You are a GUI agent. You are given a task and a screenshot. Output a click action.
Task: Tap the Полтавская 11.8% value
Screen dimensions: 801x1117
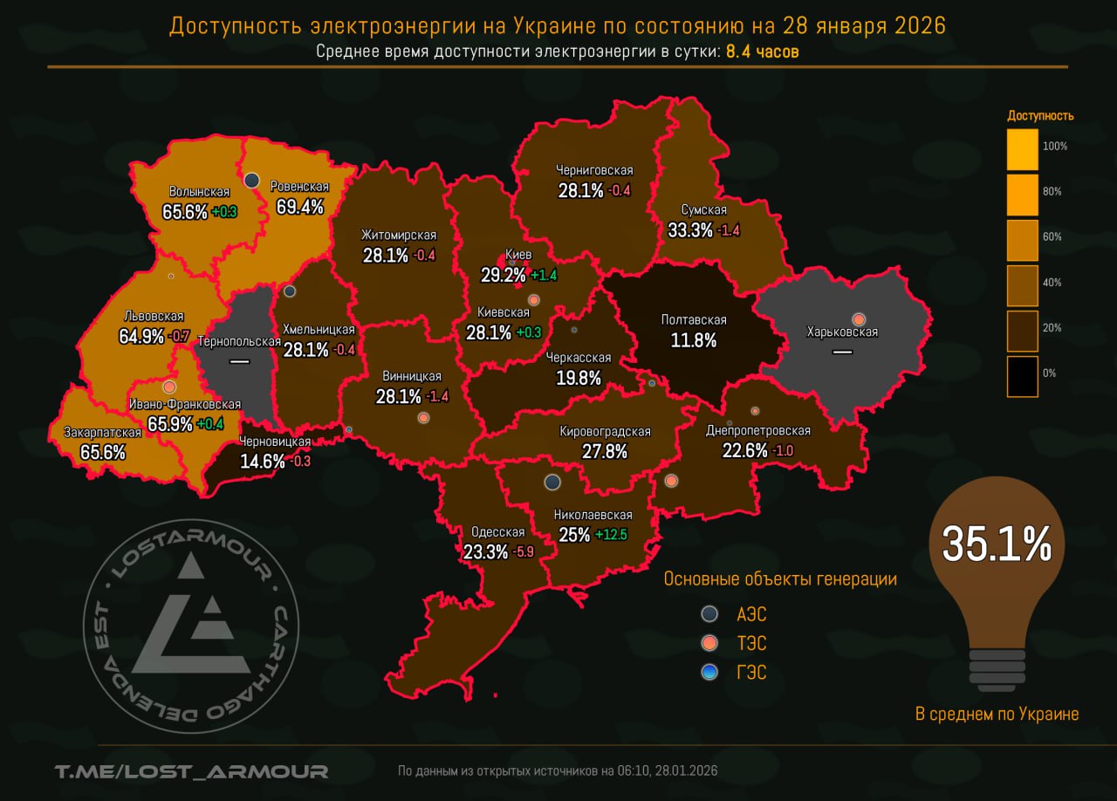coord(694,339)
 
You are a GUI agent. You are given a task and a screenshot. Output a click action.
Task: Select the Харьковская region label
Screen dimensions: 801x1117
coord(842,332)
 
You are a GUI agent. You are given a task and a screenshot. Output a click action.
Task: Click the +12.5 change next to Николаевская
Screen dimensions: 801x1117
coord(611,535)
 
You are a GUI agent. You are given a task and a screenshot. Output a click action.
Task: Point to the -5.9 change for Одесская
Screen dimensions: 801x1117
coord(524,551)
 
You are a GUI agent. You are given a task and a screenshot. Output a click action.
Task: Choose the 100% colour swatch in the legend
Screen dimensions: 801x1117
coord(1022,149)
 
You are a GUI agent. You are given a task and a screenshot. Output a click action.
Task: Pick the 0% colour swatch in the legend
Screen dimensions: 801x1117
coord(1022,376)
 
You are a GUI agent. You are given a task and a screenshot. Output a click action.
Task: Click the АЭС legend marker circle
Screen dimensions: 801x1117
coord(710,614)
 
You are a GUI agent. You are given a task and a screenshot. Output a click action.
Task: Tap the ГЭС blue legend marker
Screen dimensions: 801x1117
coord(710,671)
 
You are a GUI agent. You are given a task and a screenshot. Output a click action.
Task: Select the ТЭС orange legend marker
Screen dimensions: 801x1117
coord(710,643)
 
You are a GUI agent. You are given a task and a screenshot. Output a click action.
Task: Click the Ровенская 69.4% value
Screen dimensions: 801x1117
coord(298,207)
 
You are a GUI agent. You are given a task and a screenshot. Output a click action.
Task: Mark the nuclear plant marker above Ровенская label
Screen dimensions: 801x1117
coord(251,180)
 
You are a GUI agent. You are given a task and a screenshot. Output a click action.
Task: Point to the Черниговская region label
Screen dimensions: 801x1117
coord(594,170)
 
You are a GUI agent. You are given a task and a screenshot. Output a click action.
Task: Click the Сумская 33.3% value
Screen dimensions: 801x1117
coord(690,229)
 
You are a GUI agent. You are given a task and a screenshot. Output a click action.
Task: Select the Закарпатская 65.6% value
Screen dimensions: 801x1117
coord(103,452)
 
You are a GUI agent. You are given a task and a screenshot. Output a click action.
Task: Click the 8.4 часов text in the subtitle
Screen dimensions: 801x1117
coord(762,51)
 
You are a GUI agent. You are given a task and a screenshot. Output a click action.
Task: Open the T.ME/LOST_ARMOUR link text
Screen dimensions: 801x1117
coord(191,771)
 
